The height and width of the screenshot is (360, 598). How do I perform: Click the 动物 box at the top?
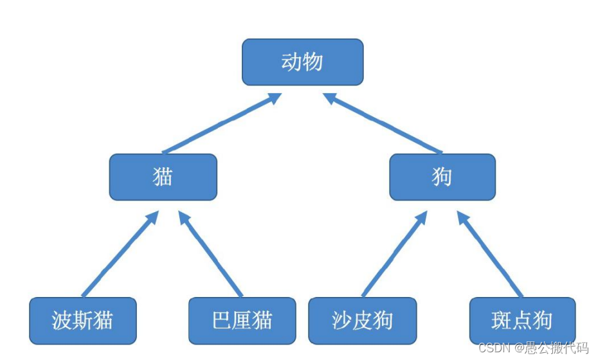(x=302, y=62)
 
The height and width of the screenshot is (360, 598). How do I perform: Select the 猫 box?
(x=163, y=177)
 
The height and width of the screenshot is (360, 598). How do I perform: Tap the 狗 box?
(x=442, y=177)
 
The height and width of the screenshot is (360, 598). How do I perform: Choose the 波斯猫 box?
(x=83, y=320)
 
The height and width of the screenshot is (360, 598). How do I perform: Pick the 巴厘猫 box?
(x=242, y=320)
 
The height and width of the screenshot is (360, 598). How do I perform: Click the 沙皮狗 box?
(x=362, y=320)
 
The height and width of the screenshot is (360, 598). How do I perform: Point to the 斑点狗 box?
(x=522, y=320)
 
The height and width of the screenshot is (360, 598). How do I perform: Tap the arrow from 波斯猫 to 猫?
(x=120, y=254)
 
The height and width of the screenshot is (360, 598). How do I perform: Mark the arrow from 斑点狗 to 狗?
(x=490, y=254)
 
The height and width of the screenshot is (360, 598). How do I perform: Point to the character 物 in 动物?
(x=313, y=62)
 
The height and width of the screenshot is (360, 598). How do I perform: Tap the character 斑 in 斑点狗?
(x=502, y=320)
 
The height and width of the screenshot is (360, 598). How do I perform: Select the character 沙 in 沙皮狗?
(x=341, y=320)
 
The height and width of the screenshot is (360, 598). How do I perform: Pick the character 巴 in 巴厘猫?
(x=221, y=320)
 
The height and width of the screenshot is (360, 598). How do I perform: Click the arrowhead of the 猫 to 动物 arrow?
(x=273, y=98)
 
